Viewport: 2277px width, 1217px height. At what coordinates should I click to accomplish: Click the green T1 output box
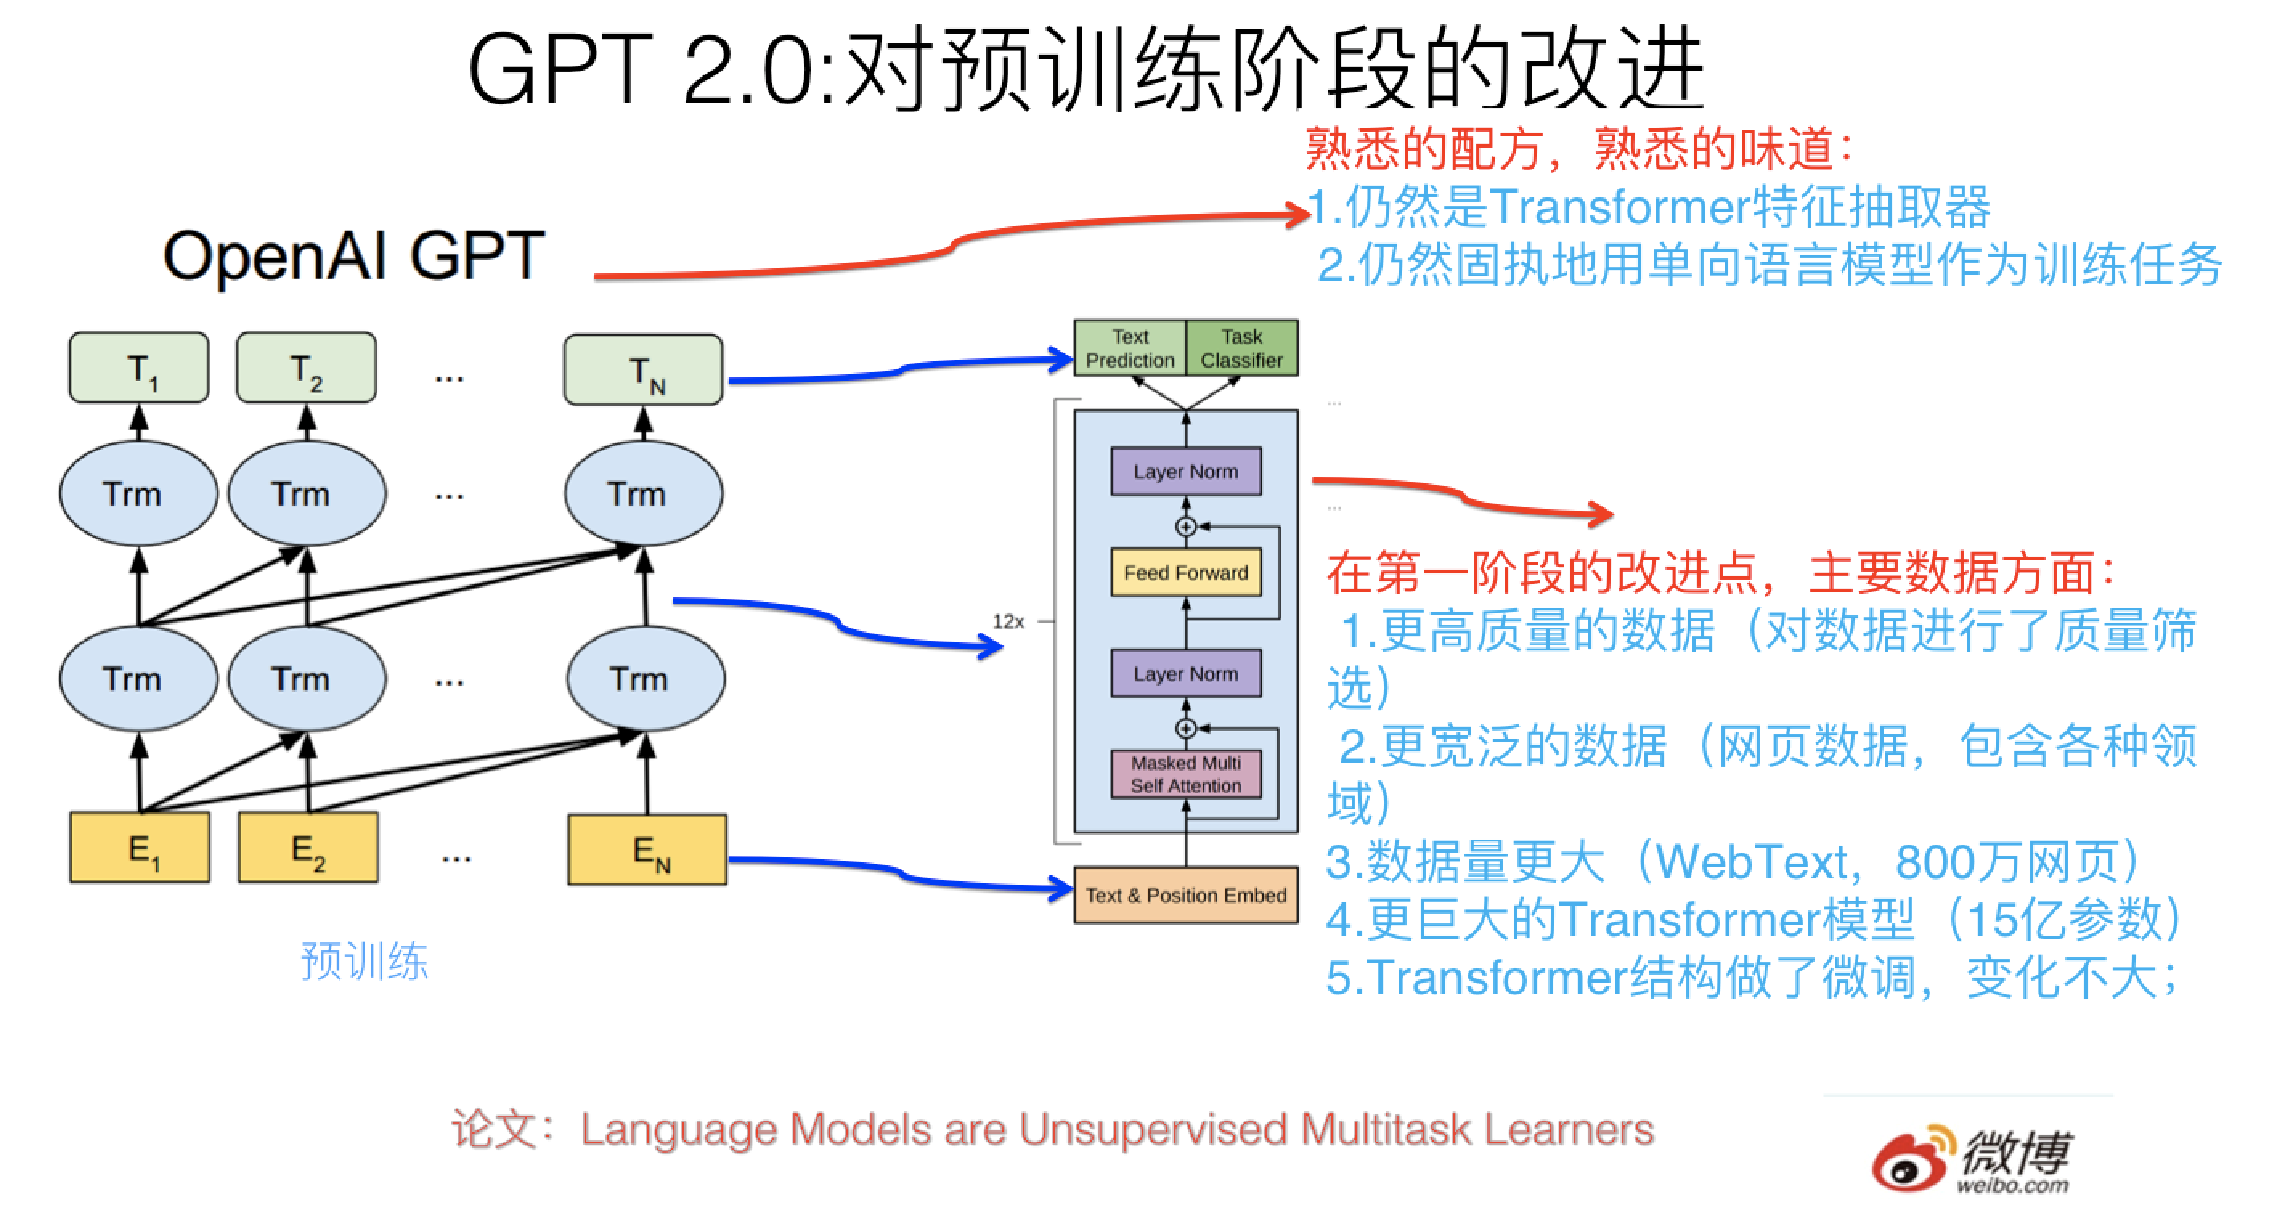point(139,368)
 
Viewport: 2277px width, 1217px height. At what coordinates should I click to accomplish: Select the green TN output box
point(643,370)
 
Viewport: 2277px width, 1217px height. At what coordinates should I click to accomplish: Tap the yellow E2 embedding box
point(308,848)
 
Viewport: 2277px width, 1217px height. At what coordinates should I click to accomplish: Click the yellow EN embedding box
point(647,849)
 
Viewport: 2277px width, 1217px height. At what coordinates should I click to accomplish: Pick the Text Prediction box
point(1130,348)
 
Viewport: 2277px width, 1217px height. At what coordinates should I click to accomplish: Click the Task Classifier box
point(1241,348)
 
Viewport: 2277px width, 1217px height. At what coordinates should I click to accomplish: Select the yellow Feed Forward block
point(1185,572)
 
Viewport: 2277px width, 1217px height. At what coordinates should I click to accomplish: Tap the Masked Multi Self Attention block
point(1185,773)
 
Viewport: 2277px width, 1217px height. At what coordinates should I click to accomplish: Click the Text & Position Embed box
point(1185,894)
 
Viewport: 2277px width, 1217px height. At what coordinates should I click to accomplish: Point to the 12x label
point(1008,621)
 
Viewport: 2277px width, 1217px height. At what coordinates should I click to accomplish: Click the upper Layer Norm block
point(1185,471)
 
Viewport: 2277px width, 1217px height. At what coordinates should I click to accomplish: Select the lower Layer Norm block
point(1185,674)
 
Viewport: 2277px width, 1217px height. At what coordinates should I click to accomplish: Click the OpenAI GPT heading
point(353,256)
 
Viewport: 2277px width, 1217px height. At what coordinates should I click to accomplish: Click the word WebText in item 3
point(1750,861)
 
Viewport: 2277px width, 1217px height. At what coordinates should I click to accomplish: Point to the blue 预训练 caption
point(365,961)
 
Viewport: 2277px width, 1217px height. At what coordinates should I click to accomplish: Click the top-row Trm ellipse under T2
point(307,493)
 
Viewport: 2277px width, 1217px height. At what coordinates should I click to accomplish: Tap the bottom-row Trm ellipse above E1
point(139,679)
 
